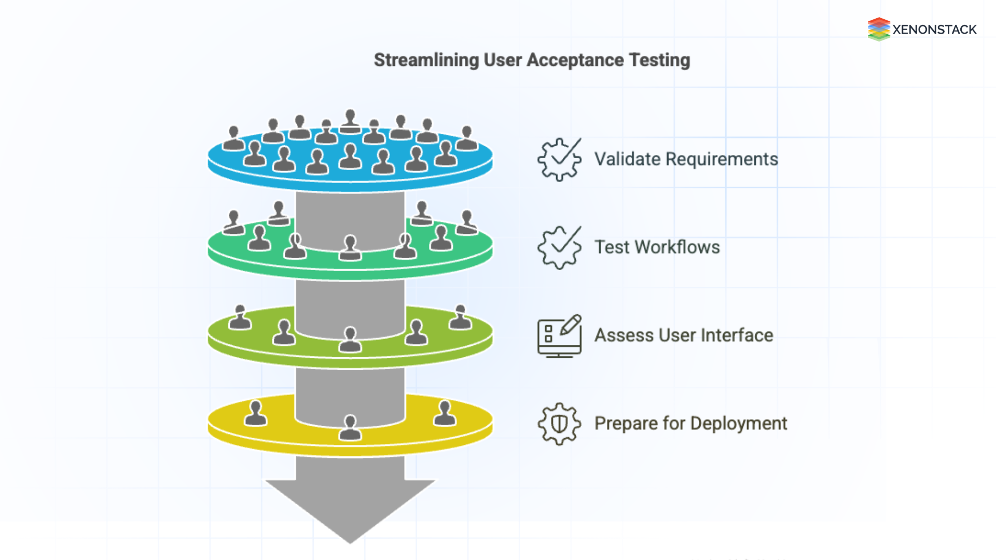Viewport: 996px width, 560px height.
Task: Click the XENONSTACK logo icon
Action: (x=879, y=29)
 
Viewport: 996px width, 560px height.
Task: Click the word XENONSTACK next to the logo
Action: (x=934, y=30)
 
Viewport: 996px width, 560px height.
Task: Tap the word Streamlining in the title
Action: (x=426, y=60)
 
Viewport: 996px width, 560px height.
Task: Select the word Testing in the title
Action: (x=659, y=60)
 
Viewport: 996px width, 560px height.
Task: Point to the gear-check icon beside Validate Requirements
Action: (x=559, y=159)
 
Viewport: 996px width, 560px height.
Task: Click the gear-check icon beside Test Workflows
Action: (x=559, y=247)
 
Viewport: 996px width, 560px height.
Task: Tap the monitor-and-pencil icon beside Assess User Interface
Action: (x=559, y=335)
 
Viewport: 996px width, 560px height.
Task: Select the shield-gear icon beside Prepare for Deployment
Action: (x=559, y=424)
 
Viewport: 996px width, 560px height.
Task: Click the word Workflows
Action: (x=677, y=247)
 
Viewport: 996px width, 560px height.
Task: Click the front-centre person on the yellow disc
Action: (x=350, y=428)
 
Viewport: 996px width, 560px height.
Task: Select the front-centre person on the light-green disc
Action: (x=350, y=340)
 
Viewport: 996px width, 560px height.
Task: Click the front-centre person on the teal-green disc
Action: (x=350, y=248)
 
